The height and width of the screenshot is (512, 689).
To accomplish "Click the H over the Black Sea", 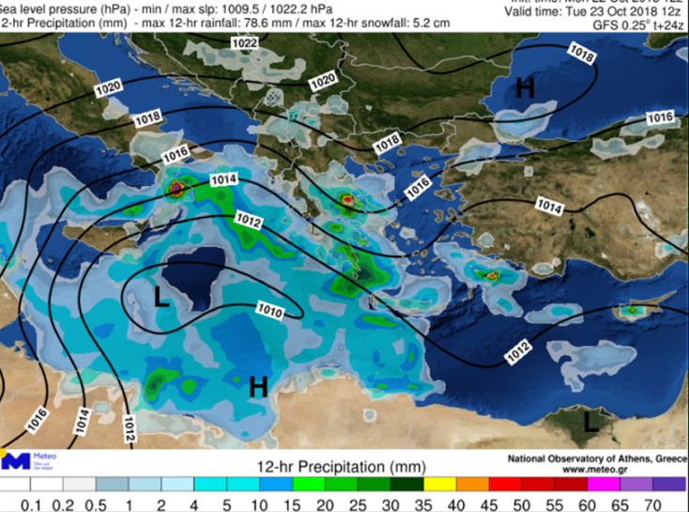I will tap(524, 88).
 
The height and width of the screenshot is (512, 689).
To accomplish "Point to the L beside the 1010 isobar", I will tap(161, 299).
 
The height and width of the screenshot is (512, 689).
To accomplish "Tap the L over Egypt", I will tap(590, 422).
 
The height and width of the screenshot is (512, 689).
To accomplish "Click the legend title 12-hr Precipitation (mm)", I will tap(342, 466).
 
